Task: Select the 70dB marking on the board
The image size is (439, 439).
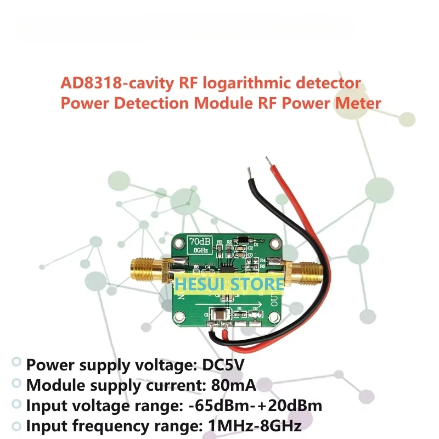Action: (198, 240)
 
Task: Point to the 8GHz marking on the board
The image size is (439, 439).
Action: (198, 250)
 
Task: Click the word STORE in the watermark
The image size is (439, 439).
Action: (257, 284)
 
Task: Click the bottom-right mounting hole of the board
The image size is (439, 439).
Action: (273, 319)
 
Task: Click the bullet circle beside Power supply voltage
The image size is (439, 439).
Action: (17, 362)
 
